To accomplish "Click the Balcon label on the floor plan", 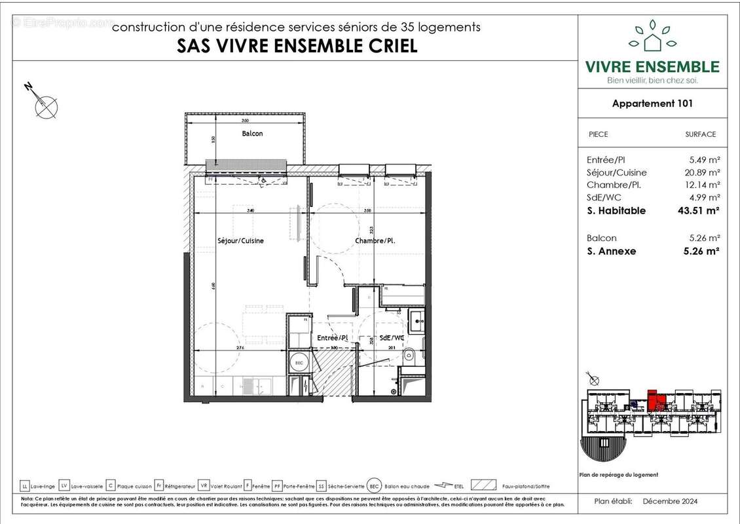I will tap(252, 134).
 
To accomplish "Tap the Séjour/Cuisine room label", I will tap(240, 240).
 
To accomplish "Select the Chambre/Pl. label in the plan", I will tap(375, 240).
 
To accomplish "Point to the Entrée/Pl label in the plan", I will tap(332, 337).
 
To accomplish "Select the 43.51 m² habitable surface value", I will tap(699, 210).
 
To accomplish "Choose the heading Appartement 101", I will tap(652, 103).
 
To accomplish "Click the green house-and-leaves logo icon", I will tap(652, 38).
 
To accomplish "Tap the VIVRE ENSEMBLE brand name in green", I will tap(652, 67).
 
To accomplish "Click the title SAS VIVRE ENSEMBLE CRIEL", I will tap(297, 47).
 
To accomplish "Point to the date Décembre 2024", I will tap(670, 502).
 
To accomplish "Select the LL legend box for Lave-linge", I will tap(25, 486).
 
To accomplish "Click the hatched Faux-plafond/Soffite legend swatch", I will tap(483, 486).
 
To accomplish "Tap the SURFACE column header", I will tap(700, 134).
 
